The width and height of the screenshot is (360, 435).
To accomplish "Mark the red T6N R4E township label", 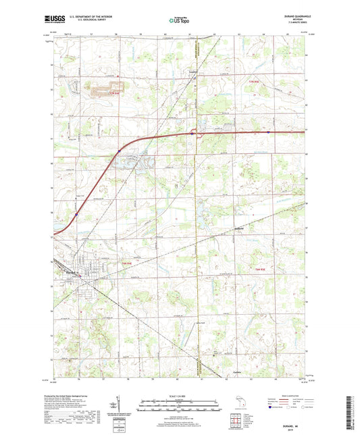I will pyautogui.click(x=126, y=263).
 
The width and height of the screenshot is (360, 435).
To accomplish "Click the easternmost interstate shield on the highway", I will pyautogui.click(x=268, y=132).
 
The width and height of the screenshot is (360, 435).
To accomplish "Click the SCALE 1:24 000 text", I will pyautogui.click(x=178, y=395).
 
